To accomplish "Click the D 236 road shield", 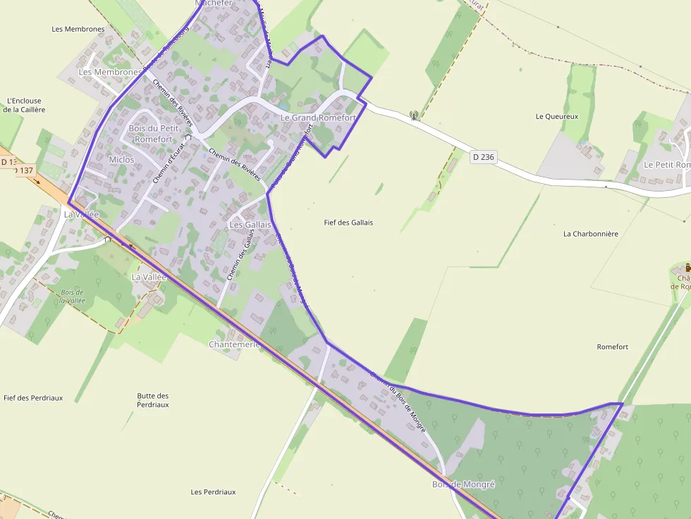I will click(483, 157).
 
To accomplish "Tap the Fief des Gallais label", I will click(348, 223).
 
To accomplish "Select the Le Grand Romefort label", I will click(318, 118).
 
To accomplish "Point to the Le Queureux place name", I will click(557, 117).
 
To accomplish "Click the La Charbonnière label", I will click(591, 234).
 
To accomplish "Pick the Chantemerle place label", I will click(235, 344).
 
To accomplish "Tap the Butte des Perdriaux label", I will click(153, 400).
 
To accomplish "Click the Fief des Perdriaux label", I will click(33, 398).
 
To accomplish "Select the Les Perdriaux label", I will click(213, 492).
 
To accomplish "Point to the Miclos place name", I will click(121, 160).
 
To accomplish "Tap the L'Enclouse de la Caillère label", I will click(24, 105).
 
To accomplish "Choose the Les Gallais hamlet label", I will click(251, 225).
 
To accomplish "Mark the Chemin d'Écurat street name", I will click(166, 163).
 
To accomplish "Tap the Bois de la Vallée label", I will click(73, 296).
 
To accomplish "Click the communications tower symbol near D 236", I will click(414, 115).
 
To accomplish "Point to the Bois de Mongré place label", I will click(463, 484).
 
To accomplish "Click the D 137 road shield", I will click(24, 170).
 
